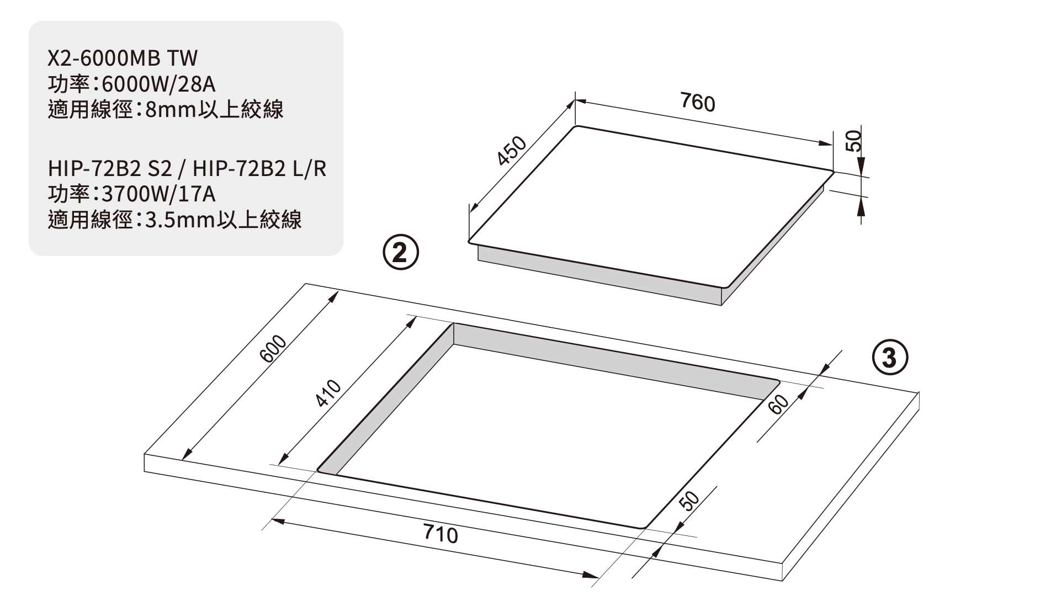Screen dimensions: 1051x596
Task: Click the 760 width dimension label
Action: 697,103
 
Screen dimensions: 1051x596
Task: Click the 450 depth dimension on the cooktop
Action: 512,151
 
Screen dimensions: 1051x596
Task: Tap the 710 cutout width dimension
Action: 440,534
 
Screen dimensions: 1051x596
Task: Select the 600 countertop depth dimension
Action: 274,349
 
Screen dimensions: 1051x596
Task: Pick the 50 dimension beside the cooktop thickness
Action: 853,141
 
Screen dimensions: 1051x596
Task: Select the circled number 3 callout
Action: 889,358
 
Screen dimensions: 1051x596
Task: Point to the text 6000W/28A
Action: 158,84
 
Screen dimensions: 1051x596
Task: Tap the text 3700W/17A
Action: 158,194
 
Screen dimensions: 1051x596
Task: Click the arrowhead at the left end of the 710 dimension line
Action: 278,521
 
